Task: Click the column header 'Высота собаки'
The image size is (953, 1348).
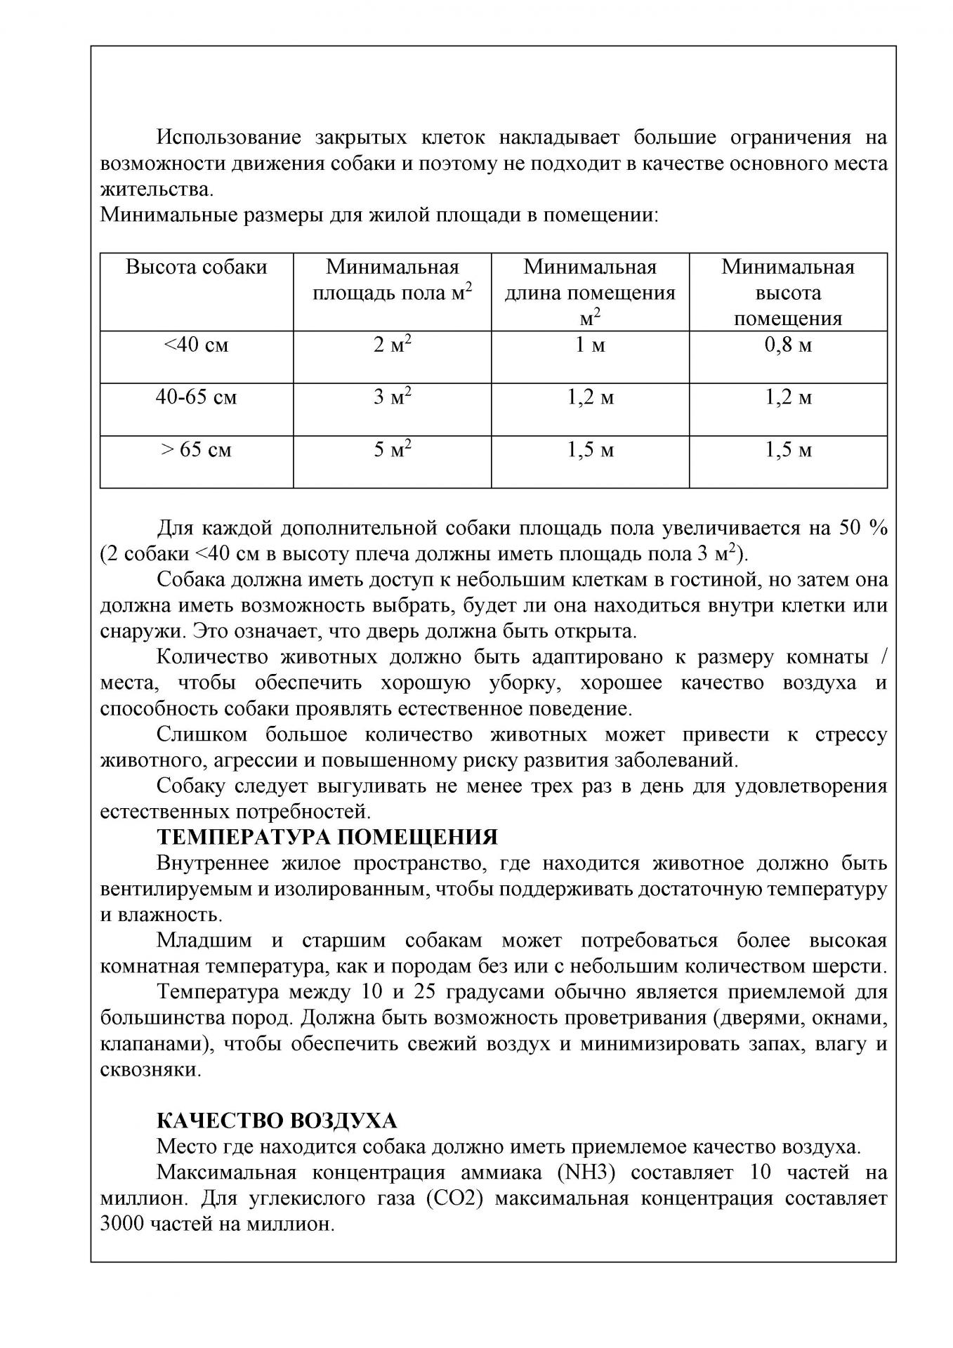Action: pos(196,267)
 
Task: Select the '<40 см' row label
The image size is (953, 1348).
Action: pos(196,345)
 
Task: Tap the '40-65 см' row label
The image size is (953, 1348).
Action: pos(196,397)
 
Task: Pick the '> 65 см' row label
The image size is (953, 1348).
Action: pos(196,449)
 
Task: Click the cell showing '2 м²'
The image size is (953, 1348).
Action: pos(392,345)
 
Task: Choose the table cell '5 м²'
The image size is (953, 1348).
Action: pos(392,449)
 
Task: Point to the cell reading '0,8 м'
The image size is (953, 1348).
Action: pos(788,345)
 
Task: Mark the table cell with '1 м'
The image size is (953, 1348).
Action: pos(590,345)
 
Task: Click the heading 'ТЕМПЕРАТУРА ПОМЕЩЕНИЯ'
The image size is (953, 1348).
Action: pos(327,837)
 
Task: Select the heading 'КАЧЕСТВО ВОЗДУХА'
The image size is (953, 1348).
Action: pos(277,1121)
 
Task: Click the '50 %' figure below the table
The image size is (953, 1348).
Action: pos(863,528)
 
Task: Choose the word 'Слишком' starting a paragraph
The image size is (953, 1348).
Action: pos(202,734)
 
